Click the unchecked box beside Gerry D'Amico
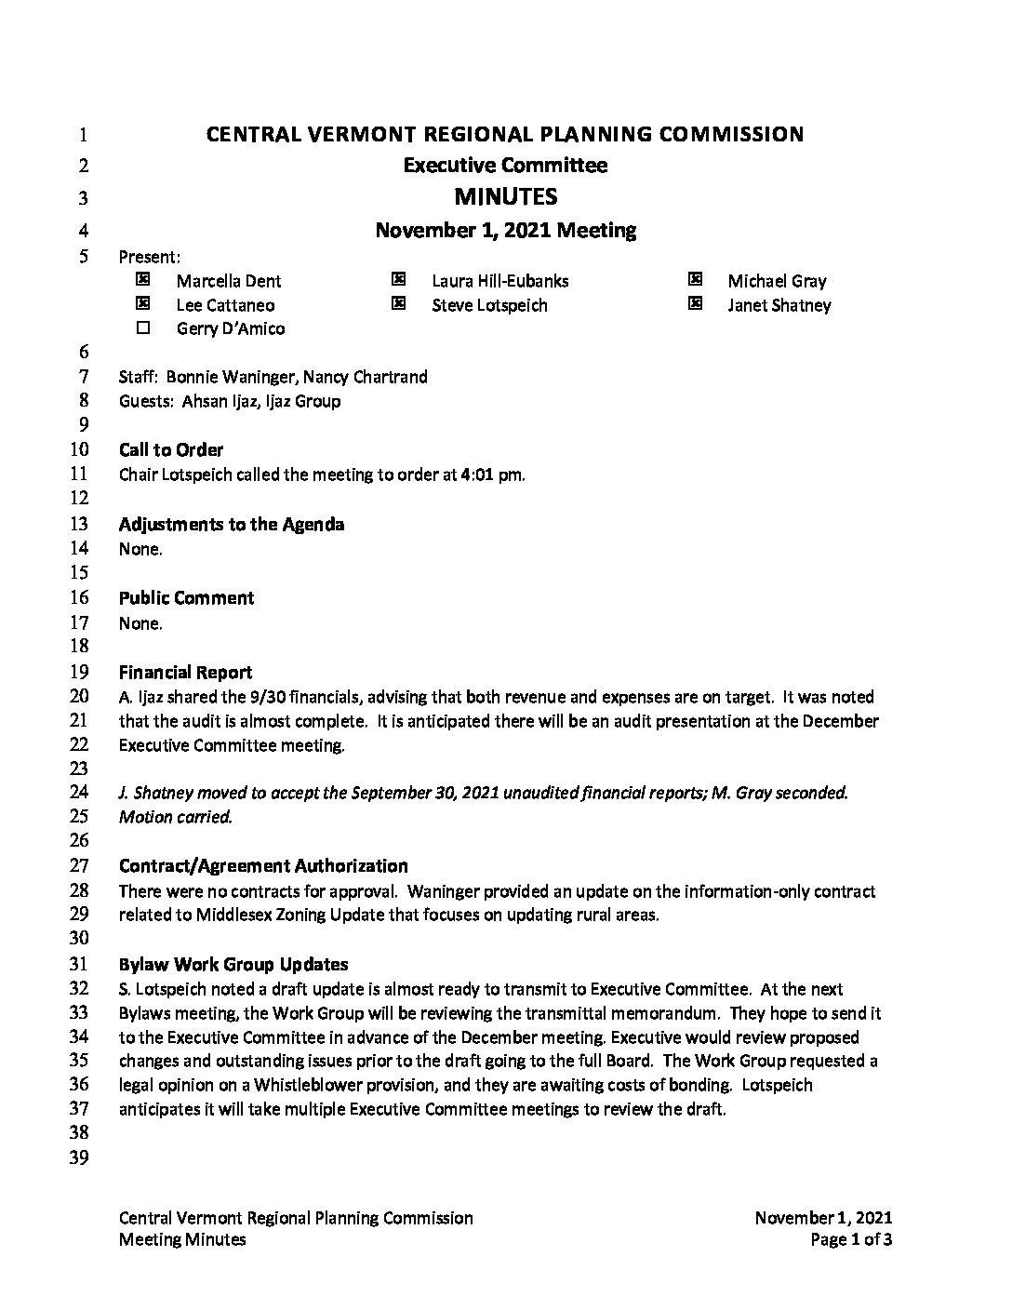tap(143, 327)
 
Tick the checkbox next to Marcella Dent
tap(143, 279)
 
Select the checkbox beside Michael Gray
tap(695, 279)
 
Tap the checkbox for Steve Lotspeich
tap(399, 303)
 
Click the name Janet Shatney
tap(779, 305)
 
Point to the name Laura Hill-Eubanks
tap(499, 281)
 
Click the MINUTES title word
tap(505, 197)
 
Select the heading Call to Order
tap(171, 450)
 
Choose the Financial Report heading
tap(185, 672)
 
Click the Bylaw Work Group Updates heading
tap(233, 964)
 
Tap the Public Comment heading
tap(186, 598)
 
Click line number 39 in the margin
tap(79, 1157)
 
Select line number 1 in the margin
tap(82, 135)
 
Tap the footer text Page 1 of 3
tap(851, 1239)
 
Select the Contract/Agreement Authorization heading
tap(263, 866)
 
